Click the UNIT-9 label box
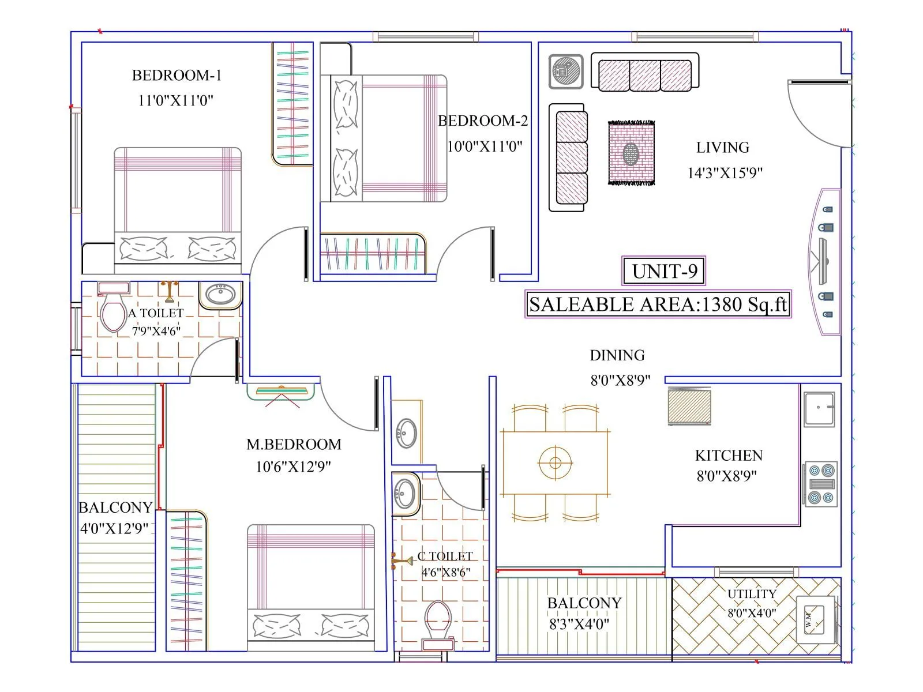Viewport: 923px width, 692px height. (x=664, y=271)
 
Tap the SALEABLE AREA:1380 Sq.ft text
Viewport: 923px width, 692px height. (x=658, y=304)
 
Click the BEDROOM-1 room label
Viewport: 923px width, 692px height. (x=177, y=76)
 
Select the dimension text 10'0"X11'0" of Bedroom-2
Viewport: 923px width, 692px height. (x=485, y=146)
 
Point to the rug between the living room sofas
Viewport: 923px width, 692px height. (x=631, y=153)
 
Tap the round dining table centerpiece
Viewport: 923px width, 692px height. (x=555, y=462)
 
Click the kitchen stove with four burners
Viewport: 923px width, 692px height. (x=820, y=483)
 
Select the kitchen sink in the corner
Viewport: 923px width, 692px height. (x=820, y=409)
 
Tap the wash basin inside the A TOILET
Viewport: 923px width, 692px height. (x=220, y=294)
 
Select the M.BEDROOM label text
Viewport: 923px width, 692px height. (x=294, y=445)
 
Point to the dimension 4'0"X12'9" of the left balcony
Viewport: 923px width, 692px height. (x=114, y=528)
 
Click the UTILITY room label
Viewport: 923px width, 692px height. (x=752, y=594)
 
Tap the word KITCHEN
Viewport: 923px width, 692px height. (x=729, y=456)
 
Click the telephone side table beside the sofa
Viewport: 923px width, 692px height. (x=565, y=72)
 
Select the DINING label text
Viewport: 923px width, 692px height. (x=617, y=355)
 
